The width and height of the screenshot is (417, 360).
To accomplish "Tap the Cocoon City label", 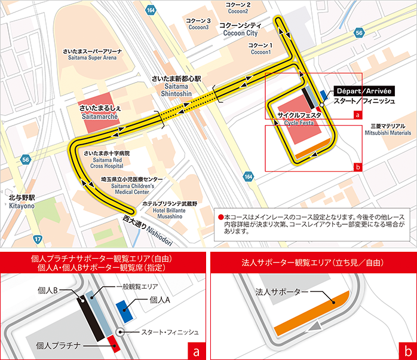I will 240,30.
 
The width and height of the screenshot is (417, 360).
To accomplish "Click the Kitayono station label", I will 22,202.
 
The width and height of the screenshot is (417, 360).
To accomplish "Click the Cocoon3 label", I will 199,24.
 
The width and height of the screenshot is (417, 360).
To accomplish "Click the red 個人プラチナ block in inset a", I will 114,343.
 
